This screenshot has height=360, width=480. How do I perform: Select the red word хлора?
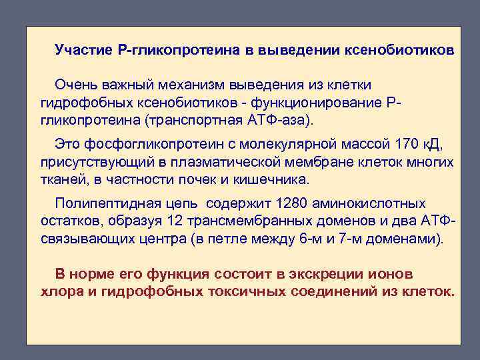[x=58, y=291]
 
